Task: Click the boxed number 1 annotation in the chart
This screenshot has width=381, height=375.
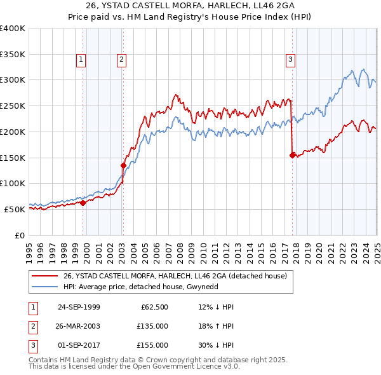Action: (82, 60)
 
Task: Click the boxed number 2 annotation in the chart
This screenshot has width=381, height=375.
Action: (121, 60)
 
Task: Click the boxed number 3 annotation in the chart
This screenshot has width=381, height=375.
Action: (290, 60)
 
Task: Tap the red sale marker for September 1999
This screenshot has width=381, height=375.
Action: (83, 203)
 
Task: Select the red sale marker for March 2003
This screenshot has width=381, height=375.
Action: (123, 165)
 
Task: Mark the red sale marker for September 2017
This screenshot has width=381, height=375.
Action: (292, 154)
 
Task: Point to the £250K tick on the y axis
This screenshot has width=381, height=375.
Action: (12, 106)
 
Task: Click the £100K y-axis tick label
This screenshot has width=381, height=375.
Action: (12, 183)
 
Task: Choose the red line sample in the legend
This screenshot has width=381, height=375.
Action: (45, 276)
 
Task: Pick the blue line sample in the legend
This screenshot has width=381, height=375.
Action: (45, 287)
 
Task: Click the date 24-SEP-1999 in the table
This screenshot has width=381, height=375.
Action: (79, 307)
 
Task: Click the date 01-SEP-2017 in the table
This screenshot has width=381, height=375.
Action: (79, 345)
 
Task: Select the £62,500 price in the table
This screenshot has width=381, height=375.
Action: (154, 307)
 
